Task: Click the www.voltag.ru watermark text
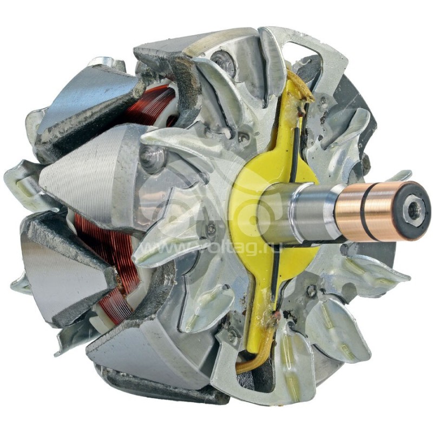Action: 200,250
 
